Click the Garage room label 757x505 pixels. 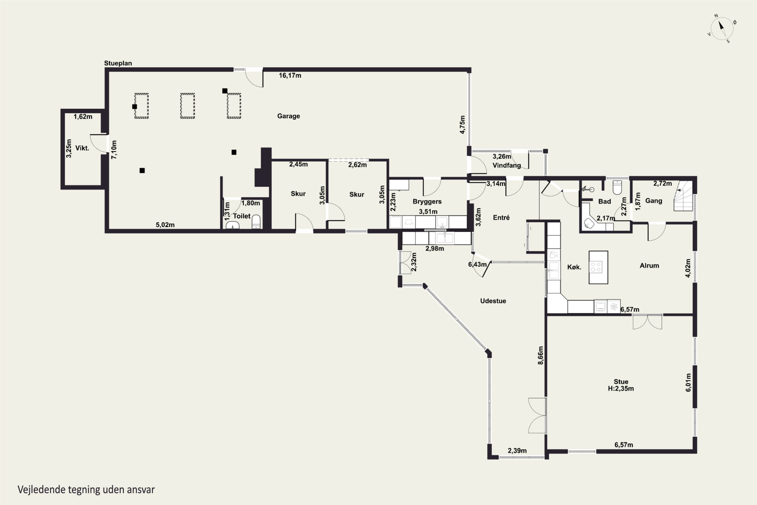288,116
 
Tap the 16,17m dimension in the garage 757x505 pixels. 290,75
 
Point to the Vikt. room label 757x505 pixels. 82,148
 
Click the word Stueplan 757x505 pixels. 118,63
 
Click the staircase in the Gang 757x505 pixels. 683,196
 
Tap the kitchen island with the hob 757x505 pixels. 598,267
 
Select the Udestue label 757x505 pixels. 493,301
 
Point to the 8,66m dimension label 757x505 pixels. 540,355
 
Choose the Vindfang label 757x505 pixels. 507,166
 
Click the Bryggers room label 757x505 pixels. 427,201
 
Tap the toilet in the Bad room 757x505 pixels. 617,187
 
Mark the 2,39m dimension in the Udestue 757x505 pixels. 517,450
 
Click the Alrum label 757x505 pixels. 649,266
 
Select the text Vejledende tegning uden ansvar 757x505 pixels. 86,490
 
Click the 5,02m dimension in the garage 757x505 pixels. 165,225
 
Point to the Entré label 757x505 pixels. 501,218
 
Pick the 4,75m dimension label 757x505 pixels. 462,125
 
